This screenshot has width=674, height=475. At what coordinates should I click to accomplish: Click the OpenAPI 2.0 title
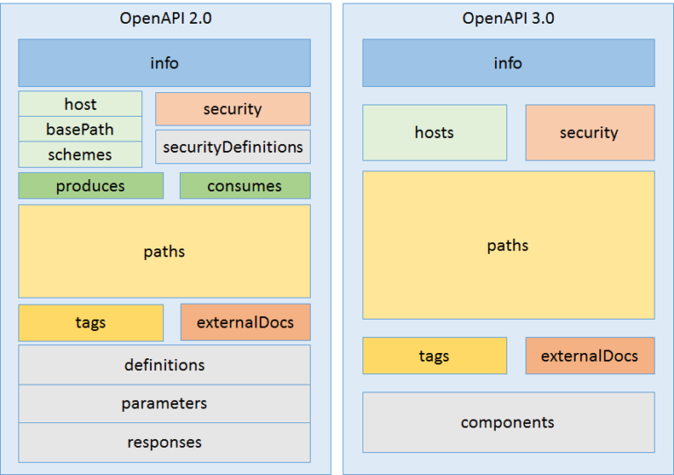click(164, 18)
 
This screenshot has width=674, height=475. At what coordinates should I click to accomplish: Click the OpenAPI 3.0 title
click(508, 18)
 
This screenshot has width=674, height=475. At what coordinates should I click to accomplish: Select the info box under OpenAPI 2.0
click(164, 62)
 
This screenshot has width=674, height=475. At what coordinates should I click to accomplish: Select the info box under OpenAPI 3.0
click(508, 62)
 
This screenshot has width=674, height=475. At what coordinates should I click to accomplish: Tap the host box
click(80, 104)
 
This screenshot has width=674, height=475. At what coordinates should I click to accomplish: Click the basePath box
click(80, 129)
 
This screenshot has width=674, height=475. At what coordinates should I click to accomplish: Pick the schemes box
click(80, 155)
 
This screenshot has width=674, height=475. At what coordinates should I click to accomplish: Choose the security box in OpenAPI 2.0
click(233, 109)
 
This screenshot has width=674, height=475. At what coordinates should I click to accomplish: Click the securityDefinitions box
click(233, 147)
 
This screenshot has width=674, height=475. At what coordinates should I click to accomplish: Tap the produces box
click(90, 185)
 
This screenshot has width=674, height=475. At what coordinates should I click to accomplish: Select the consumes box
click(245, 185)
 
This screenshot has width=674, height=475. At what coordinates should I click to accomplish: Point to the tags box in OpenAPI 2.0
click(90, 322)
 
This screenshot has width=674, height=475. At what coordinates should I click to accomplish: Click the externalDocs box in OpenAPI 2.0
click(245, 322)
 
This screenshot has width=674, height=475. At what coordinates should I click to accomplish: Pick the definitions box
click(164, 364)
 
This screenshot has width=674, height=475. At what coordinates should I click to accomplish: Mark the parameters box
click(164, 403)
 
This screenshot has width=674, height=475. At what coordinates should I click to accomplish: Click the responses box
click(164, 442)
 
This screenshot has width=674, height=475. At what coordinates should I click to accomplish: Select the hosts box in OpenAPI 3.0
click(434, 133)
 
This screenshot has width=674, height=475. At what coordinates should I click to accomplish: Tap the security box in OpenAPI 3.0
click(590, 133)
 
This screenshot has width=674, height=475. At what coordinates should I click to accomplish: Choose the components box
click(508, 422)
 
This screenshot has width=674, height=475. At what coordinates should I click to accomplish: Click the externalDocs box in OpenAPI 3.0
click(590, 356)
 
